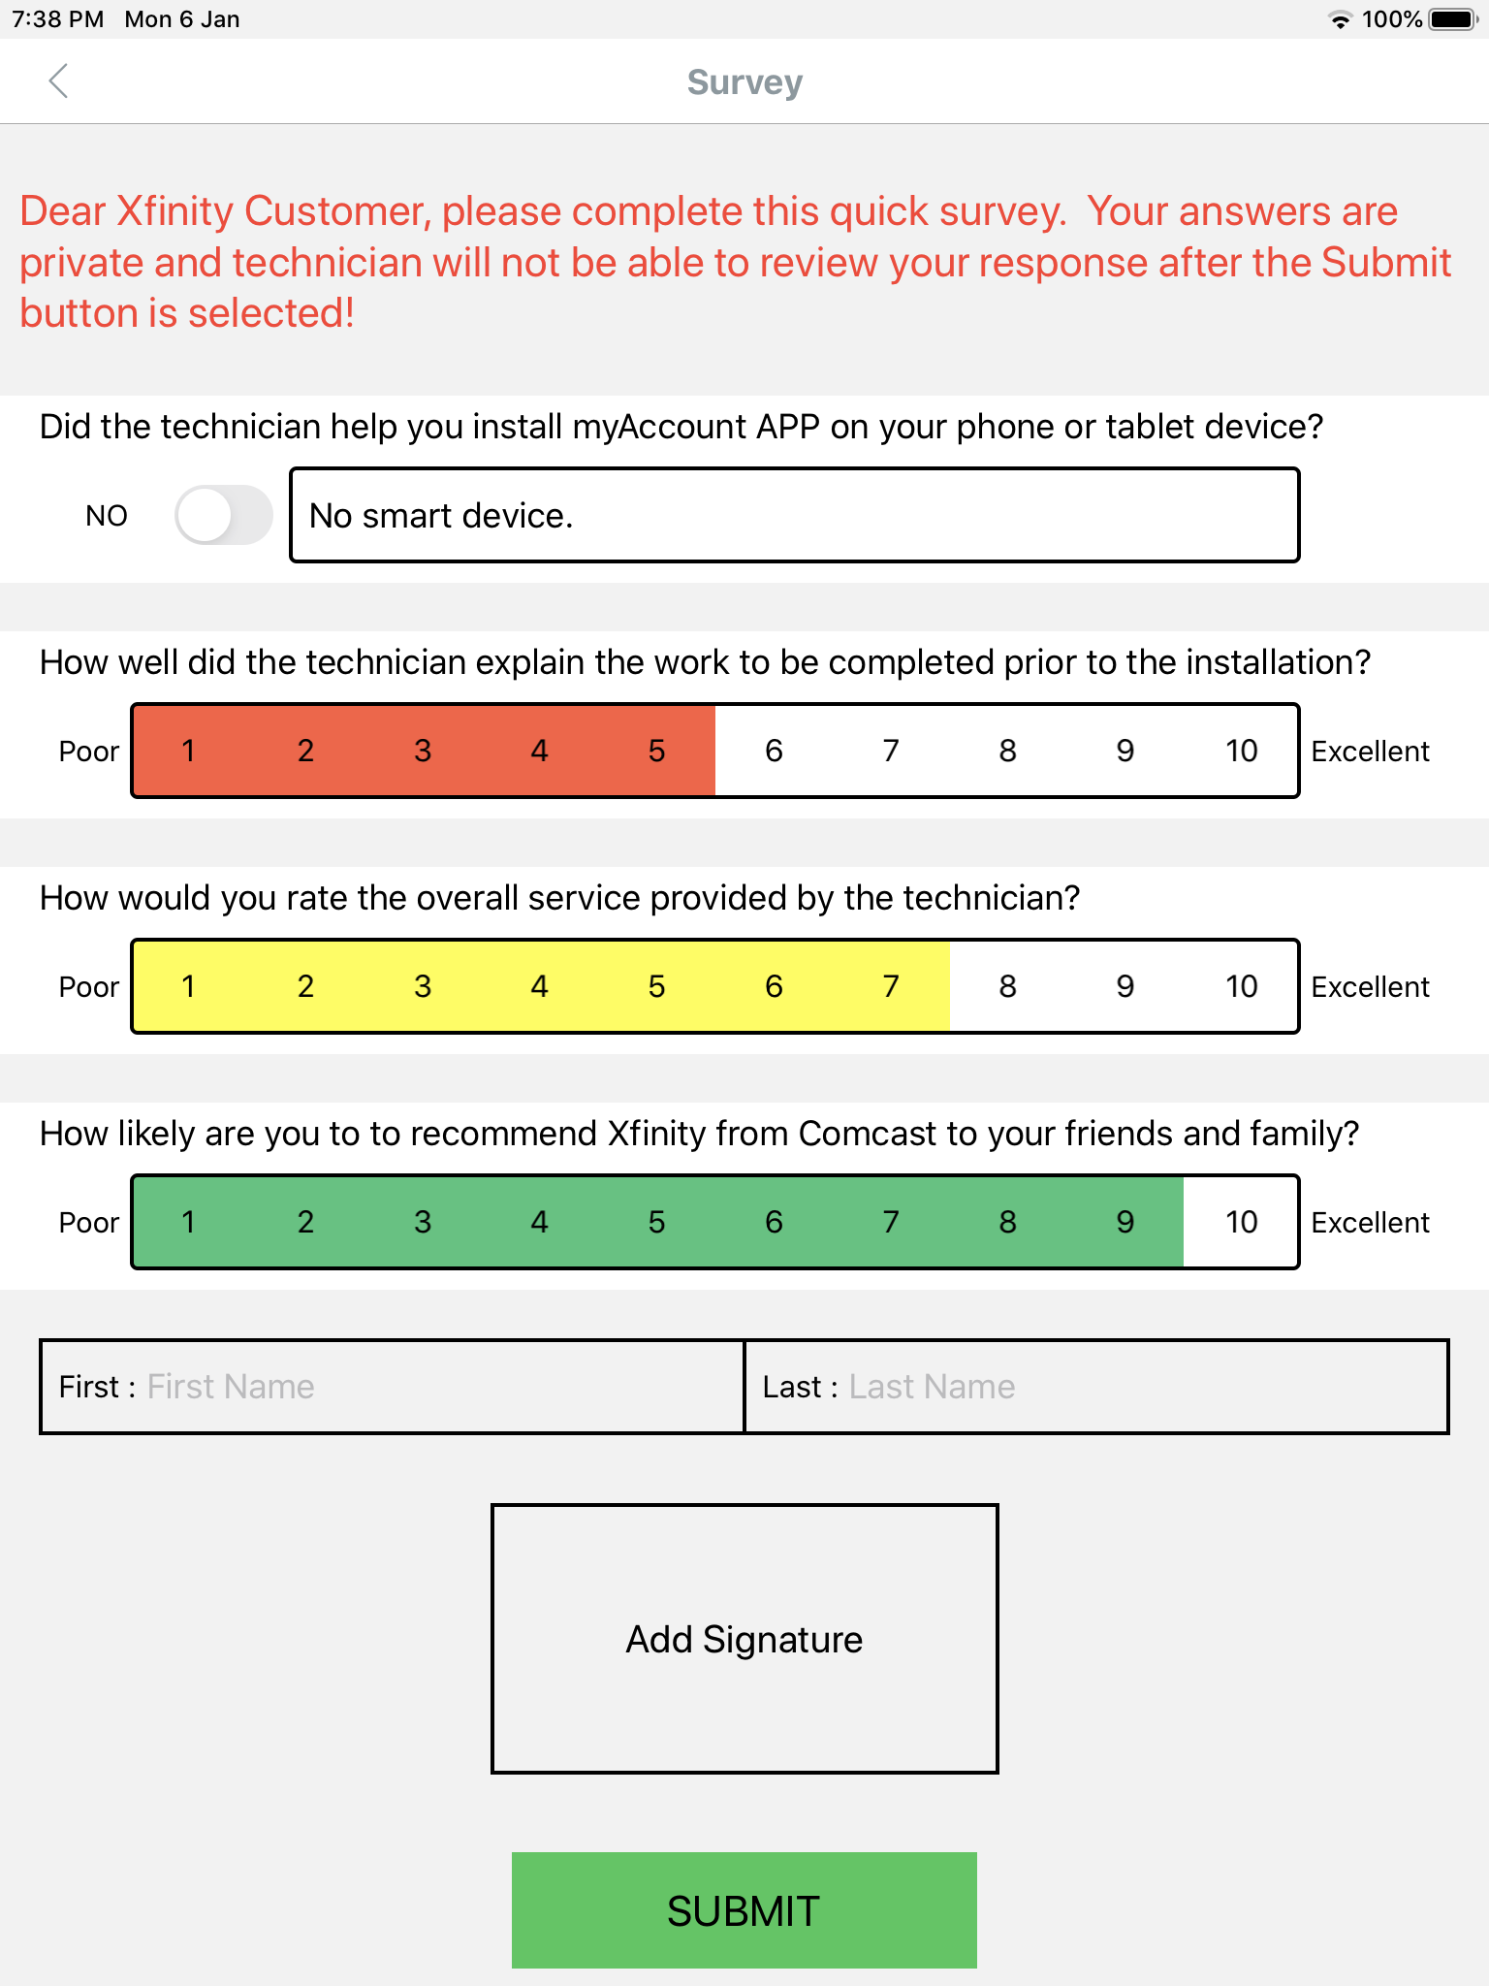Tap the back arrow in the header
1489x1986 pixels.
click(58, 81)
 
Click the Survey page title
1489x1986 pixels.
click(744, 82)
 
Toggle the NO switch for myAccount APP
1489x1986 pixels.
click(223, 515)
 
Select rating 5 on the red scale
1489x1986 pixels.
click(656, 751)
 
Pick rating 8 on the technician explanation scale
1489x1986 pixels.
click(1007, 751)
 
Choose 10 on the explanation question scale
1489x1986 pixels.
click(1241, 751)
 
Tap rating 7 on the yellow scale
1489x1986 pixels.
click(890, 986)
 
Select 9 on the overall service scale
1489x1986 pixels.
click(1125, 986)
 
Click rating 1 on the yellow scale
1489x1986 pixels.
click(188, 986)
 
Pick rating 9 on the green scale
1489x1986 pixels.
click(1125, 1222)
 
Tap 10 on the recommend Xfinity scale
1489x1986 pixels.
click(1241, 1222)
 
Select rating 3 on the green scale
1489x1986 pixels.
click(423, 1222)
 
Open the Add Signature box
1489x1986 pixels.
click(744, 1639)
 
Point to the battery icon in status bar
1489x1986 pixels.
click(1452, 19)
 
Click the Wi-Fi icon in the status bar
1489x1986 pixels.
click(1340, 20)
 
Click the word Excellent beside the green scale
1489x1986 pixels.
click(1370, 1223)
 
